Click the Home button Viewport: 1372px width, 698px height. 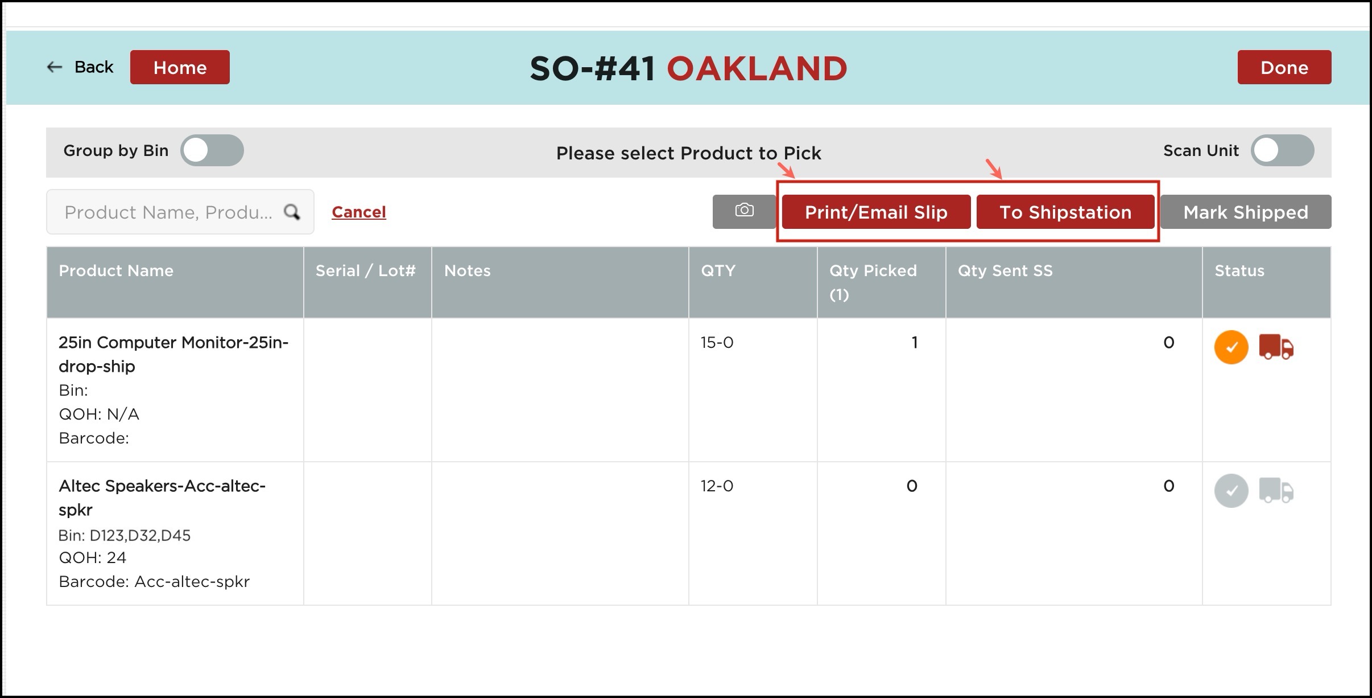(180, 67)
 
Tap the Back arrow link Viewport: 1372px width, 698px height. (80, 67)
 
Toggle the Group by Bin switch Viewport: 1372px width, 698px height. (212, 150)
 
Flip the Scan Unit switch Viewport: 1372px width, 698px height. (1282, 150)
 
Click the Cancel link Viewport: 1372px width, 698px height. (359, 212)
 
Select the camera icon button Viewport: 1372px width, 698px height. (744, 211)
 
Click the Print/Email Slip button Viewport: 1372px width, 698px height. (876, 212)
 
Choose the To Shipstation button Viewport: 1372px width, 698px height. (1065, 212)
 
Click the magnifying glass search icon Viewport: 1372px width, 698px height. (292, 212)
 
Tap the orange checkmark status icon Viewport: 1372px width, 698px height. (1231, 347)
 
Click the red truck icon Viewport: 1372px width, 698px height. (1276, 347)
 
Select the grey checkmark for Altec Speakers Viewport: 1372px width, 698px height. (1231, 491)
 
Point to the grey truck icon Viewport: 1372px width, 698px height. (1276, 490)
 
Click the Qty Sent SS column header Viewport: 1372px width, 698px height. (1005, 270)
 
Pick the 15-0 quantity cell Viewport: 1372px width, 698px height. (717, 342)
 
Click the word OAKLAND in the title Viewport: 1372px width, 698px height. (757, 68)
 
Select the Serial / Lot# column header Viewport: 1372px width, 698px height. (365, 270)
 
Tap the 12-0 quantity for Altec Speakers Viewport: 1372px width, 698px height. (717, 486)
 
